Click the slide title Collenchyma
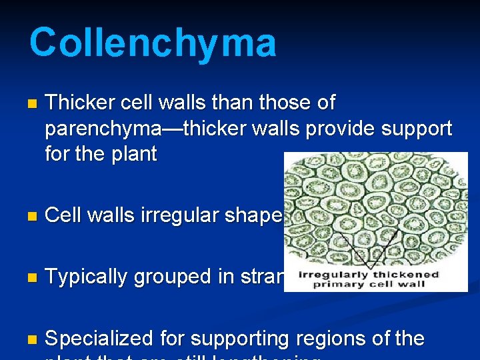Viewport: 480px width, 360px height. coord(152,43)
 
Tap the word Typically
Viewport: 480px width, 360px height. coord(88,276)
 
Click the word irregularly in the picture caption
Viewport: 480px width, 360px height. coord(323,275)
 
